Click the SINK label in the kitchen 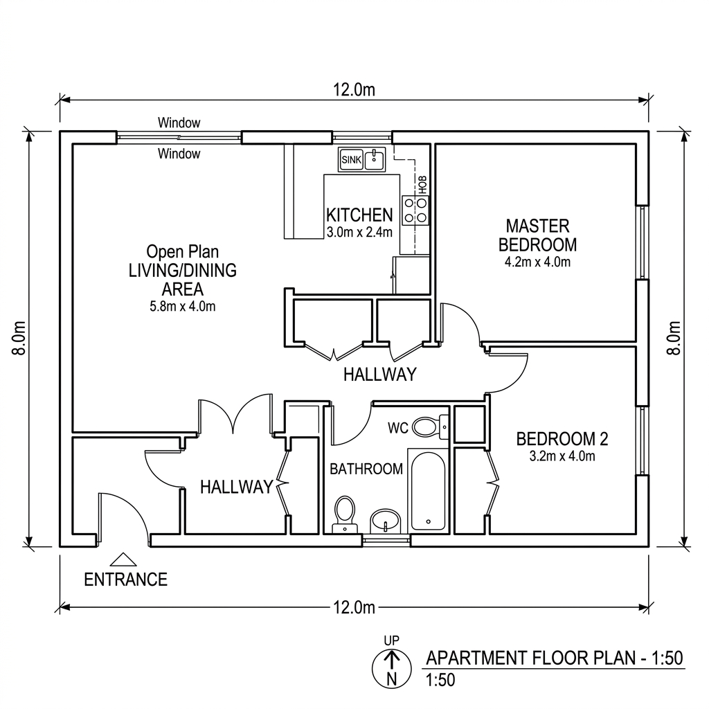(351, 160)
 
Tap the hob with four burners (415, 210)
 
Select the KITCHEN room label (359, 215)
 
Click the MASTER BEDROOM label (537, 235)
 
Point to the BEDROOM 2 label (562, 438)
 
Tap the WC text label (398, 427)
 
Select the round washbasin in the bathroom (385, 521)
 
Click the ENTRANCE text (126, 580)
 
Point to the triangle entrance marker (123, 559)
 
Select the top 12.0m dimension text (354, 90)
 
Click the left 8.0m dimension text (19, 338)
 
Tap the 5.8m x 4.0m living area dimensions (183, 306)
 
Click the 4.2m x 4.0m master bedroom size (537, 262)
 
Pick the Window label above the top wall (179, 123)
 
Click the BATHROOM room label (366, 469)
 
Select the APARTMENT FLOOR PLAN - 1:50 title (555, 658)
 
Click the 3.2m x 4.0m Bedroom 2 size (562, 456)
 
